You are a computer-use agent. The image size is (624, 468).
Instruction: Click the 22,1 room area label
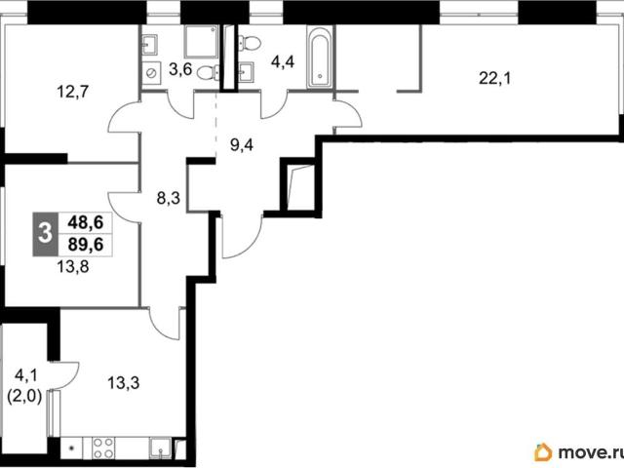pyautogui.click(x=494, y=78)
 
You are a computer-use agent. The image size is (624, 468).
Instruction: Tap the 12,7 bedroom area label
pyautogui.click(x=73, y=92)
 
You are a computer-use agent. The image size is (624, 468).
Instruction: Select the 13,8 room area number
pyautogui.click(x=73, y=266)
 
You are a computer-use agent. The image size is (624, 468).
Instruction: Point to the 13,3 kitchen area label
pyautogui.click(x=124, y=383)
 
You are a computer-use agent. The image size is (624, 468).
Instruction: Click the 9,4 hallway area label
pyautogui.click(x=242, y=145)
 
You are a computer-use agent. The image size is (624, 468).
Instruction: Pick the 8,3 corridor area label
pyautogui.click(x=169, y=197)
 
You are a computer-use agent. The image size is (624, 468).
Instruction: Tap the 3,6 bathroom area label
pyautogui.click(x=180, y=69)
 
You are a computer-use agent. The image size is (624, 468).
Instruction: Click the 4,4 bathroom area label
pyautogui.click(x=283, y=62)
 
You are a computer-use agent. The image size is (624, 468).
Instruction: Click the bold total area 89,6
pyautogui.click(x=86, y=245)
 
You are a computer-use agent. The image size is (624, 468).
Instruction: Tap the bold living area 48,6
pyautogui.click(x=86, y=222)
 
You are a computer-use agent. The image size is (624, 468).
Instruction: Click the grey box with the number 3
pyautogui.click(x=46, y=234)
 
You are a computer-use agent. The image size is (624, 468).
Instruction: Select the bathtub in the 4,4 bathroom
pyautogui.click(x=320, y=57)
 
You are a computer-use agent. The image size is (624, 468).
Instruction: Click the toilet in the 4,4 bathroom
pyautogui.click(x=250, y=42)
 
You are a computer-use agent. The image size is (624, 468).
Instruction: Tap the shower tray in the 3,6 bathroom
pyautogui.click(x=202, y=41)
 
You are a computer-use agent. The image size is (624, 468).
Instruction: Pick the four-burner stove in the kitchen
pyautogui.click(x=103, y=448)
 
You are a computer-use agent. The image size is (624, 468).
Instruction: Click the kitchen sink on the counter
pyautogui.click(x=160, y=448)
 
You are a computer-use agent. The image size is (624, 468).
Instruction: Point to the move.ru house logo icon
pyautogui.click(x=543, y=452)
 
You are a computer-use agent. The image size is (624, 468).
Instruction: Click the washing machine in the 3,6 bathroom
pyautogui.click(x=151, y=74)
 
